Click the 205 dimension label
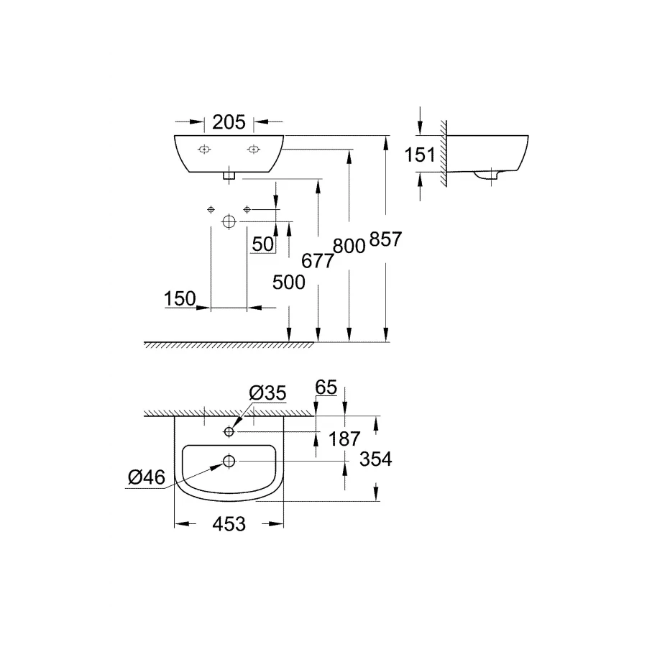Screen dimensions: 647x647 click(x=229, y=122)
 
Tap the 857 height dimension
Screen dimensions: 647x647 click(x=385, y=239)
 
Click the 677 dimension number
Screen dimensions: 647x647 click(x=318, y=260)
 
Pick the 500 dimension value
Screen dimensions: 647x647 click(x=289, y=283)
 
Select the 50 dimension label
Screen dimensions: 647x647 click(x=263, y=244)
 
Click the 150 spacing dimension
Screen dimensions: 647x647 click(x=180, y=298)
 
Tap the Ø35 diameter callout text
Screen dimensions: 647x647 click(x=267, y=393)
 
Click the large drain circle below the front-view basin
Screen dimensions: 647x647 click(x=229, y=221)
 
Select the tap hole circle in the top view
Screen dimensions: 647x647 click(x=229, y=431)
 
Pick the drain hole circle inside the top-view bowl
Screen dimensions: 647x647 click(x=229, y=461)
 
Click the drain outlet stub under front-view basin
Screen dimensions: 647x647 click(x=229, y=175)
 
